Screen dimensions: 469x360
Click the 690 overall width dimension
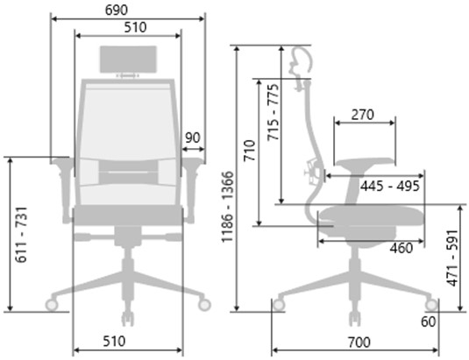117,10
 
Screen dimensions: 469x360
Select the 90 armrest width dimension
192,138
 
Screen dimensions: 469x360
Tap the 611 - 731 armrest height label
22,235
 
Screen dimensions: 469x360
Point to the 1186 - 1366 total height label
227,207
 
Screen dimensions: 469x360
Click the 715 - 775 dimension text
274,112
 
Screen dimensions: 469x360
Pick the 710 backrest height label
249,151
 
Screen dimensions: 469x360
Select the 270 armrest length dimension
363,115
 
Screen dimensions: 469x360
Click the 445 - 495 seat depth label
390,187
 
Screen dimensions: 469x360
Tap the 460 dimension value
401,248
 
